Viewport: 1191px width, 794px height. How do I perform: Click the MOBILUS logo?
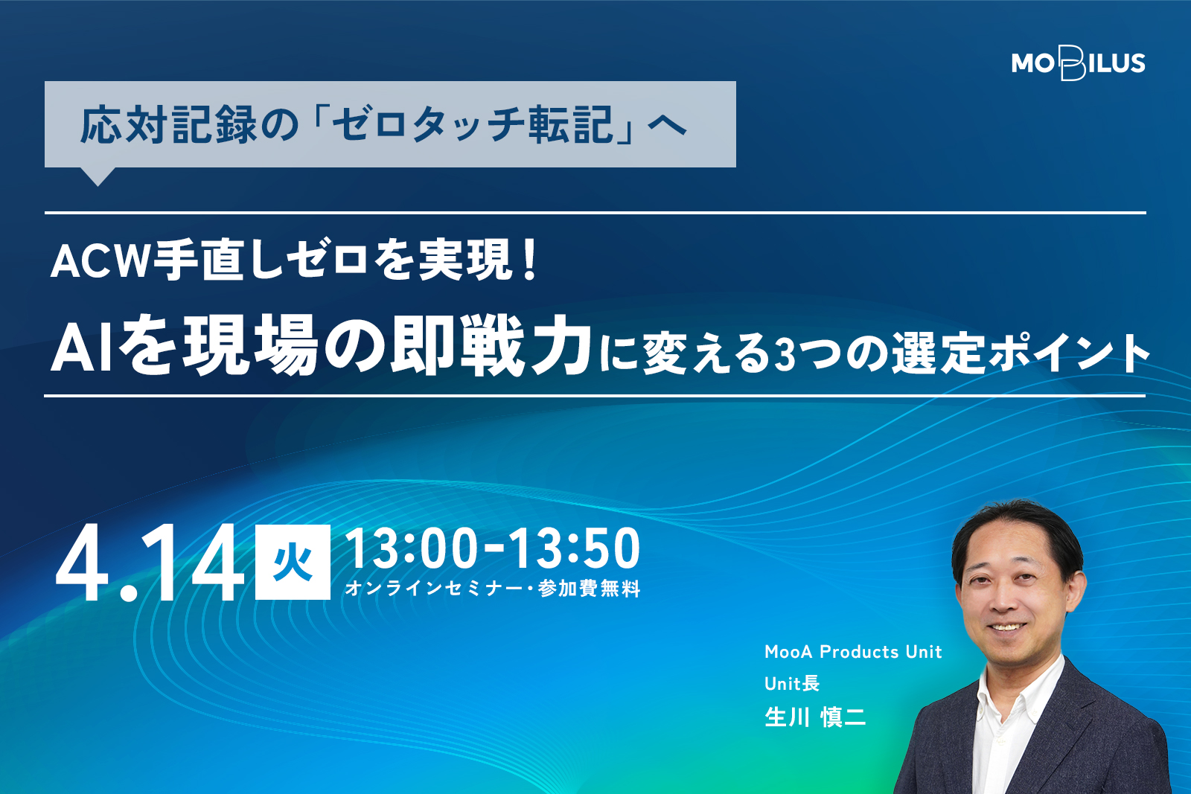point(1078,64)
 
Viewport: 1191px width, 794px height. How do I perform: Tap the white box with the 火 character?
point(293,562)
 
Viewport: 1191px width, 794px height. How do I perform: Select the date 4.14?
point(150,563)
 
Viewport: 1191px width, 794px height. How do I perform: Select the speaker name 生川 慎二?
point(815,717)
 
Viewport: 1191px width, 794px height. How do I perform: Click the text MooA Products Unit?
point(853,652)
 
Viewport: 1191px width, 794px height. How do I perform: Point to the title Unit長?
point(792,683)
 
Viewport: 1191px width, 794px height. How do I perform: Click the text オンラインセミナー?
point(433,589)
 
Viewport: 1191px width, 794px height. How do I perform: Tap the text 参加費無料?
point(589,589)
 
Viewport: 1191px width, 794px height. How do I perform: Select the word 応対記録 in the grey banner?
point(168,126)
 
